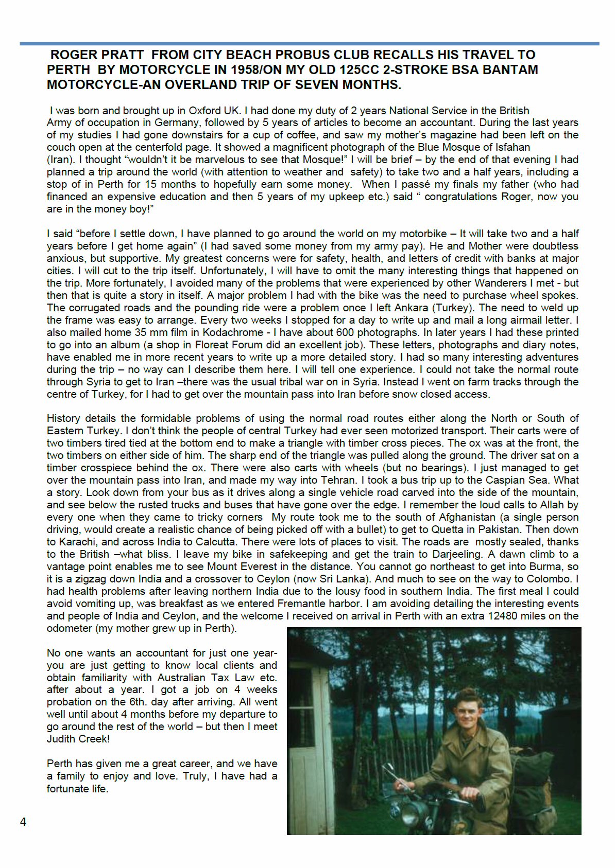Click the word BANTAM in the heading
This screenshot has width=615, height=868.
click(x=508, y=70)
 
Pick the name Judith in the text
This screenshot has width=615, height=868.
click(x=64, y=739)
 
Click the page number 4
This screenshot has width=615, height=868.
click(x=23, y=822)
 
